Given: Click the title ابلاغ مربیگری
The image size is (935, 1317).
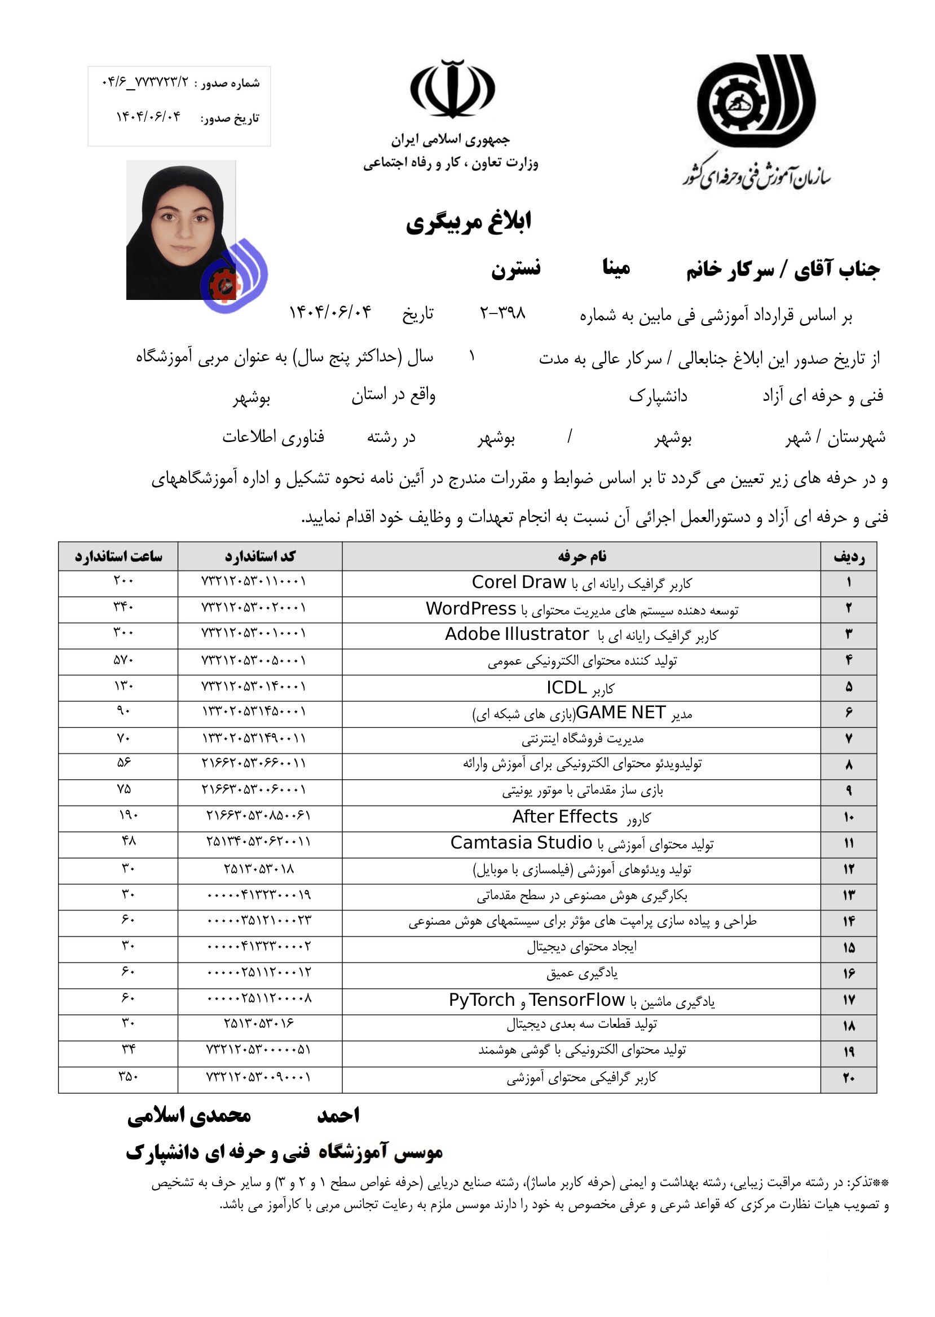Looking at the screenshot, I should (468, 222).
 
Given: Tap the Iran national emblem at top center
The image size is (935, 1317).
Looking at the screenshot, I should (452, 89).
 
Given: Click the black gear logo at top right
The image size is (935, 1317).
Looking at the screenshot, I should (755, 104).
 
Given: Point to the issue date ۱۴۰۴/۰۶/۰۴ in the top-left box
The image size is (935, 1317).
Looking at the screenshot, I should (148, 117).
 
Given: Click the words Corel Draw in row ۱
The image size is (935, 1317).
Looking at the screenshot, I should (519, 582).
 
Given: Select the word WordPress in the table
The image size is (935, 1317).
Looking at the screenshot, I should (470, 609).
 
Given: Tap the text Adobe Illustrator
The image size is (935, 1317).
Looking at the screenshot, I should (517, 634).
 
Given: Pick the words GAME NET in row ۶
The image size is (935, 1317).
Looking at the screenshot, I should (621, 713).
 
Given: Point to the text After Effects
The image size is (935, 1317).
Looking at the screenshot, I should (565, 817).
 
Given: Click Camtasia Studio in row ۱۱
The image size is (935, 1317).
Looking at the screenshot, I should (521, 843).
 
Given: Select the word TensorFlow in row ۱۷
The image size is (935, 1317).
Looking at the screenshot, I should (576, 1000).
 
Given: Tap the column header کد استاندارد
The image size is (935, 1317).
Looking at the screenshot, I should (259, 556).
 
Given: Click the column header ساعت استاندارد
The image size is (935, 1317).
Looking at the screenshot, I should (118, 556).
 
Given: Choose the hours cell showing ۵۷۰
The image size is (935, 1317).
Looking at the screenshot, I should (123, 660).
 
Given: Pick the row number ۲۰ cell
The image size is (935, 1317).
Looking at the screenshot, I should (848, 1078).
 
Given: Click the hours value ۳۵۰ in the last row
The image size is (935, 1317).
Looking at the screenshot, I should (128, 1076).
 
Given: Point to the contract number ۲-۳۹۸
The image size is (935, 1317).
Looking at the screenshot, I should (502, 313).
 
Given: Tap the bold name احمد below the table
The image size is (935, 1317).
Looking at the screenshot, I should (338, 1116).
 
